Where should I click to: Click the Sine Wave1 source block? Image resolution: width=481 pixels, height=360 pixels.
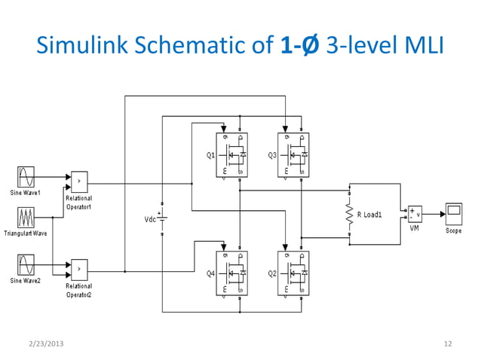tap(24, 177)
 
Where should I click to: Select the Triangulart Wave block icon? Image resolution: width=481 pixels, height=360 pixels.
tap(24, 219)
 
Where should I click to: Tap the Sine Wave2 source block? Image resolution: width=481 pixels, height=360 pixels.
tap(24, 265)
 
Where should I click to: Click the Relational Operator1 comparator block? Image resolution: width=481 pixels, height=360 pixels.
tap(79, 182)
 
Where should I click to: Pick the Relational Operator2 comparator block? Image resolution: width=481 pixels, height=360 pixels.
tap(79, 267)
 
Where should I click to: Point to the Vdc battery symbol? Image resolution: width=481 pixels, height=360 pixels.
tap(163, 219)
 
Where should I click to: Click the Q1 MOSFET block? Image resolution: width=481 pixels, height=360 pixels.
tap(231, 154)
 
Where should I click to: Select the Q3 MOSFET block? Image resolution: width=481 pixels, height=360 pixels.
tap(293, 154)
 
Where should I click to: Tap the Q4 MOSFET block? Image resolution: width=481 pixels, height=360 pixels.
tap(231, 272)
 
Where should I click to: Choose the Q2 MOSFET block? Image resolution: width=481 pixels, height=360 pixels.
tap(293, 272)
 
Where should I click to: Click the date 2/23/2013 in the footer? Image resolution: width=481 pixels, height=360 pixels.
tap(44, 344)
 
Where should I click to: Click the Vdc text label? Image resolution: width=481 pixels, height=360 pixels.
tap(150, 219)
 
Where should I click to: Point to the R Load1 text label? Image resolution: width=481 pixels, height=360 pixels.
tap(369, 215)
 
